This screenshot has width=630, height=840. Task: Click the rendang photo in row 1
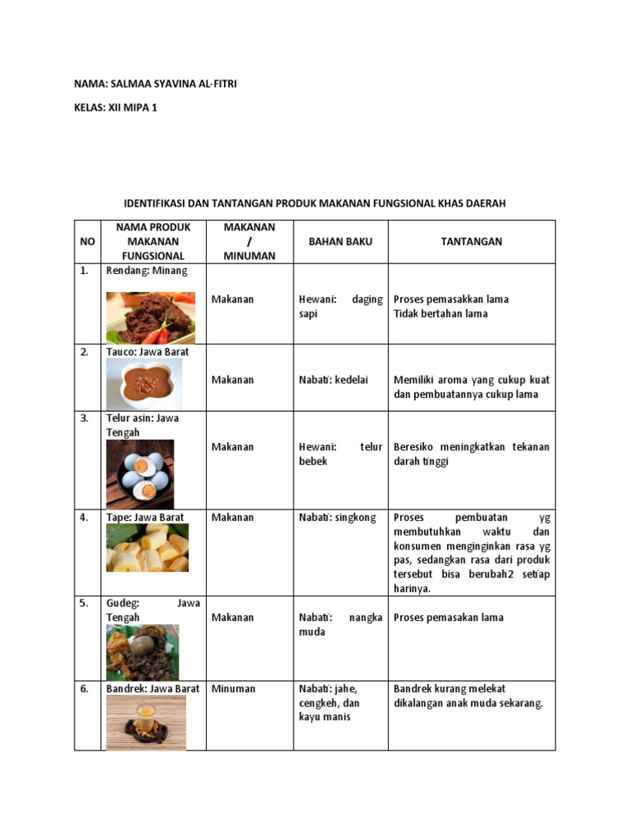151,317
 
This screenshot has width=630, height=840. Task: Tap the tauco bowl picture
144,384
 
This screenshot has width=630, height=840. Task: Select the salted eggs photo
139,474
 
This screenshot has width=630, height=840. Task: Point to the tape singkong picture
147,548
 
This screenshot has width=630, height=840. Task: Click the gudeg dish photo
142,652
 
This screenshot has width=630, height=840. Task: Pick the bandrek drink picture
146,723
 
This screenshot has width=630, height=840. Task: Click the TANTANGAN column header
471,241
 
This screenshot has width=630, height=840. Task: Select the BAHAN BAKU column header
340,241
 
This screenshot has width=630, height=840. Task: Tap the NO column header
87,241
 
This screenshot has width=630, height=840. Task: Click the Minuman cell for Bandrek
233,689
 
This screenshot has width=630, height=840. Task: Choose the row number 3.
84,418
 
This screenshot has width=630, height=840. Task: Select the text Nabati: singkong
337,518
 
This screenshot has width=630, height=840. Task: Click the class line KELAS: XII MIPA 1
115,107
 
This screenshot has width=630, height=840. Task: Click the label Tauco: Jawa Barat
148,352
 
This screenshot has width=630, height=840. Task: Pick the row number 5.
84,603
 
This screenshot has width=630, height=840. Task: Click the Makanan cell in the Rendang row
233,299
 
